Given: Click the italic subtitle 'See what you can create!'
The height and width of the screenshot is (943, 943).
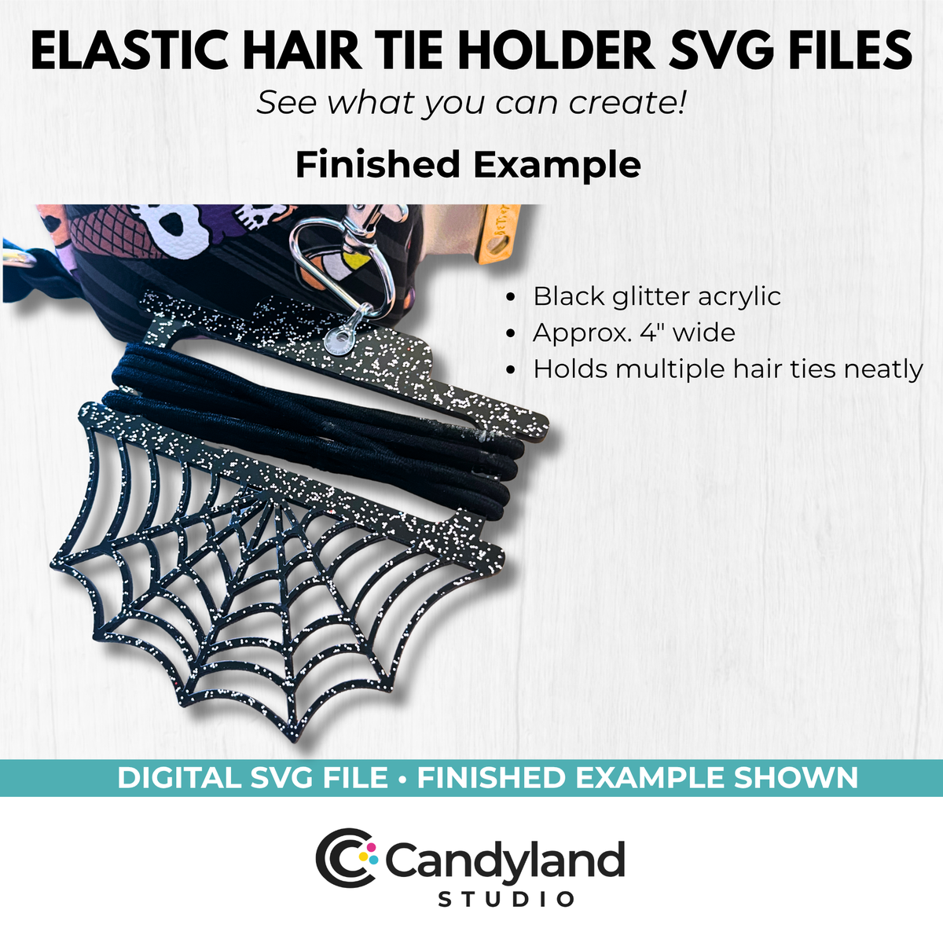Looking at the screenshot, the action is pos(471,103).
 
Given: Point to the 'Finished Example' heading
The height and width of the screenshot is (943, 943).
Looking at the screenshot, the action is pos(468,165).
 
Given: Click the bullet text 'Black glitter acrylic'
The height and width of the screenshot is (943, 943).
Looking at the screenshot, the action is pos(657,296).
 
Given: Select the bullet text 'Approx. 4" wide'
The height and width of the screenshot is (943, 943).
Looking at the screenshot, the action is pos(634,332).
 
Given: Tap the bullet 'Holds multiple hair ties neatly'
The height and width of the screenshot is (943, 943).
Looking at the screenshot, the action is pos(728,369).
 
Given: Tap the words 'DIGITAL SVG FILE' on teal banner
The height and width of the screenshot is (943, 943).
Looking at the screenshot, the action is pos(252,778).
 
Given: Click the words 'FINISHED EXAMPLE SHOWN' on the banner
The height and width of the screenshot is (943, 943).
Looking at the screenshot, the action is pos(637,778).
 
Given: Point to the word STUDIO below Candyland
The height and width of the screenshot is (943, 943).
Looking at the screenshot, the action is pos(506,899).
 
